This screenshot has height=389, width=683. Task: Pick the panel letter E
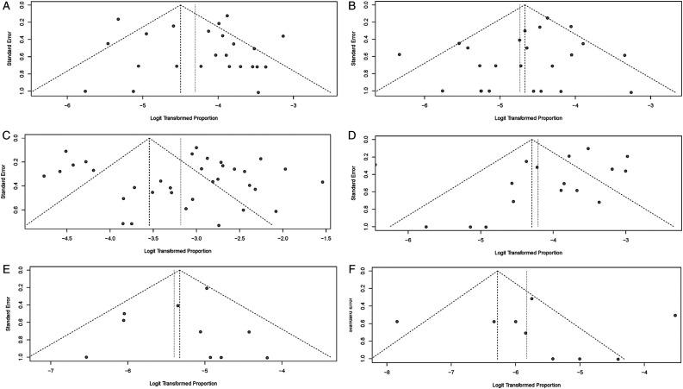coord(6,268)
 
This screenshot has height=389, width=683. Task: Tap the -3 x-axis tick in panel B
coord(650,107)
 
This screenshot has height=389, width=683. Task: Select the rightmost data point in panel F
coord(675,315)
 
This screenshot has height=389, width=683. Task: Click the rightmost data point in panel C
coord(322,182)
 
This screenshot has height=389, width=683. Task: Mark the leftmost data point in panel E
coord(86,357)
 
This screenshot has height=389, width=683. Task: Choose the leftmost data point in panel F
coord(397,322)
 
